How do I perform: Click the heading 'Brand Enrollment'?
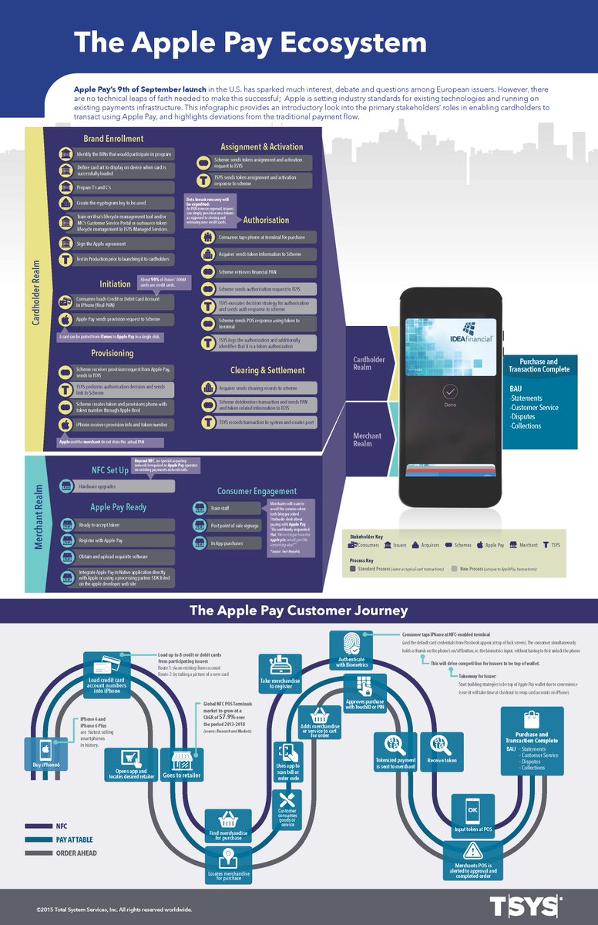(113, 139)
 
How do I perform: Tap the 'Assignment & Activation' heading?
(261, 146)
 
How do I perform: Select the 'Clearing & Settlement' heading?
(256, 370)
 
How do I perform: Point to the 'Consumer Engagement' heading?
(257, 491)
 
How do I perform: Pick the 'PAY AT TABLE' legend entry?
(76, 839)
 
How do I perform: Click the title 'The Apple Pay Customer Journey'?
(299, 611)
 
